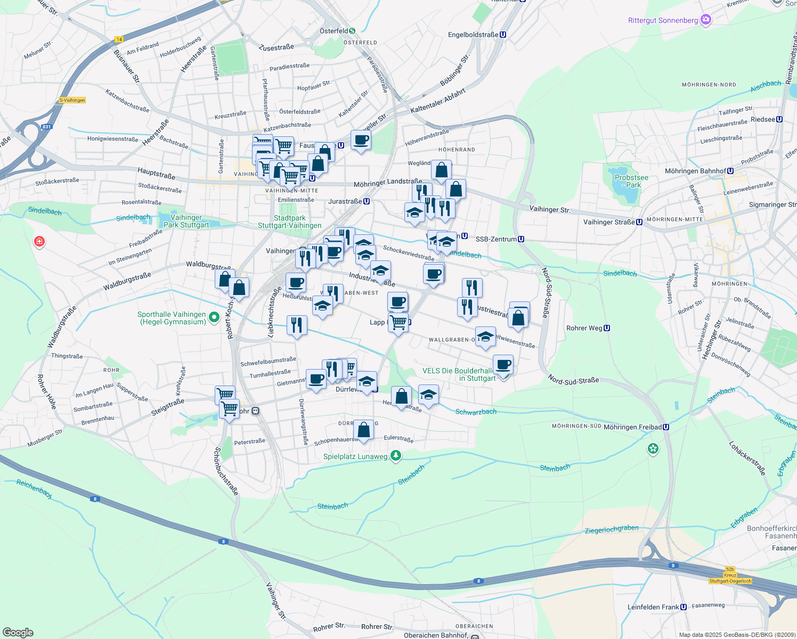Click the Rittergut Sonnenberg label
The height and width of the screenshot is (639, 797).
tap(663, 21)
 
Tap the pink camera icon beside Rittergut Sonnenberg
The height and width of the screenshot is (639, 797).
tap(706, 20)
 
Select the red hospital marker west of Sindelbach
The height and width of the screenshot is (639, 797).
tap(39, 242)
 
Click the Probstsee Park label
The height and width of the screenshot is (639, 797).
tap(631, 182)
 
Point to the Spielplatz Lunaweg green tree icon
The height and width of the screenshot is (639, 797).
tap(395, 455)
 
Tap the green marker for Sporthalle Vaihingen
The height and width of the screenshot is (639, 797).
tap(214, 318)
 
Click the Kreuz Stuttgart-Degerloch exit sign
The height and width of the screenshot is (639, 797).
tap(730, 576)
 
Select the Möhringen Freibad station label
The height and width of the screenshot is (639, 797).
tap(632, 427)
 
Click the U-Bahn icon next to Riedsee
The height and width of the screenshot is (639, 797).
tap(779, 119)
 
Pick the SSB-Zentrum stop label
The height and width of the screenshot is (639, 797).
tap(496, 240)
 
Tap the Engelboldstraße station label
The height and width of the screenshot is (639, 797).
tap(473, 35)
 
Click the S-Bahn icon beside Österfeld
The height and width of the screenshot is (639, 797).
tap(352, 31)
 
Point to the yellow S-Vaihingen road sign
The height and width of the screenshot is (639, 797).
tap(72, 100)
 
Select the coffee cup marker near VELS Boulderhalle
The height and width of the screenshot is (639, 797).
tap(503, 365)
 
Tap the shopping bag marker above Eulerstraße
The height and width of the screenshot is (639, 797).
tap(363, 429)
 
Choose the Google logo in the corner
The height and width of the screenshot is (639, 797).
tap(18, 633)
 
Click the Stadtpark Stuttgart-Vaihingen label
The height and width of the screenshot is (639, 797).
tap(289, 222)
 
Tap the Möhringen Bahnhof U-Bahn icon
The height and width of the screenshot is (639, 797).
tap(730, 171)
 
